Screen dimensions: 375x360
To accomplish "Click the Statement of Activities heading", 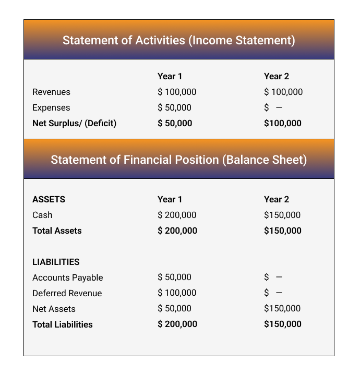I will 178,40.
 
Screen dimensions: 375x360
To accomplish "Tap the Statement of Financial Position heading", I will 178,160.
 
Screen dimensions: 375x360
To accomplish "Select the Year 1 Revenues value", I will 177,92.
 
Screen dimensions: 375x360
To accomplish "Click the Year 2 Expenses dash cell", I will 273,107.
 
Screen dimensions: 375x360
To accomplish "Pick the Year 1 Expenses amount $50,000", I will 174,107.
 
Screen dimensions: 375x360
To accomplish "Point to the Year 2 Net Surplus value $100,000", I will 283,123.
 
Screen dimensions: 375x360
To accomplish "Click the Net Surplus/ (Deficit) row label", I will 74,123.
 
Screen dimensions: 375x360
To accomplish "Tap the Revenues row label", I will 51,92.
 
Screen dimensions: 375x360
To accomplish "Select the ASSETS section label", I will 49,199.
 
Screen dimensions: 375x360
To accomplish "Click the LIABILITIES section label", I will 56,262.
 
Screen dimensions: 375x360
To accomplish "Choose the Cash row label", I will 42,215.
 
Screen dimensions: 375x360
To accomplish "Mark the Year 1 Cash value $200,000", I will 177,215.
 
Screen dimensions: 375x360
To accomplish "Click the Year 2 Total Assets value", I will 283,231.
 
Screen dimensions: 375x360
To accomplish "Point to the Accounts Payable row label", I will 68,277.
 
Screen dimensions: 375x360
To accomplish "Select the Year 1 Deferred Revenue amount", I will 177,293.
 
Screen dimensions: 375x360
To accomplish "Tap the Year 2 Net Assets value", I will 283,308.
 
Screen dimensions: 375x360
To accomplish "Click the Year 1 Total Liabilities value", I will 177,324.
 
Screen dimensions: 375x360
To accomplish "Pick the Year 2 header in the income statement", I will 277,76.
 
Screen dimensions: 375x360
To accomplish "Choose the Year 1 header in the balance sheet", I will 170,199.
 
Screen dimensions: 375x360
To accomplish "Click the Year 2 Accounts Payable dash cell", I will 273,277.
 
